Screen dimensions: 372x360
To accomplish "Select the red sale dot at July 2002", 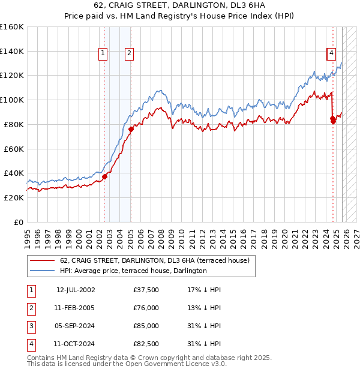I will coord(104,176).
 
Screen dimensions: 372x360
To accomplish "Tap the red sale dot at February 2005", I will coord(131,129).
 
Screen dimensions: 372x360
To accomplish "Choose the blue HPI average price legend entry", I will coord(133,271).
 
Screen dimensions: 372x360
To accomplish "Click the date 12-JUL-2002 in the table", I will coord(76,290).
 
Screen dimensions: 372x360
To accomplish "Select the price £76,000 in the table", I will coord(146,308).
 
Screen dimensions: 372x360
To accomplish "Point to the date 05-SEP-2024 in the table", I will coord(76,326).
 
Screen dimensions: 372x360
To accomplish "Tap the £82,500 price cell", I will coord(146,344).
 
